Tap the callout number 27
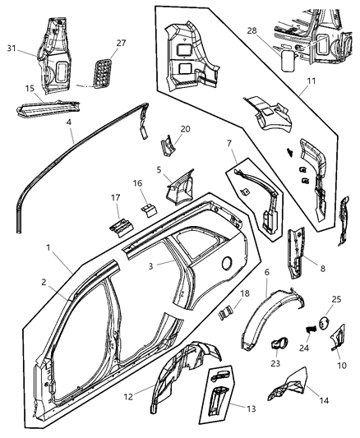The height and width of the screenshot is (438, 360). point(120,44)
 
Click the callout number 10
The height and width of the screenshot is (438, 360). point(340,364)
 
